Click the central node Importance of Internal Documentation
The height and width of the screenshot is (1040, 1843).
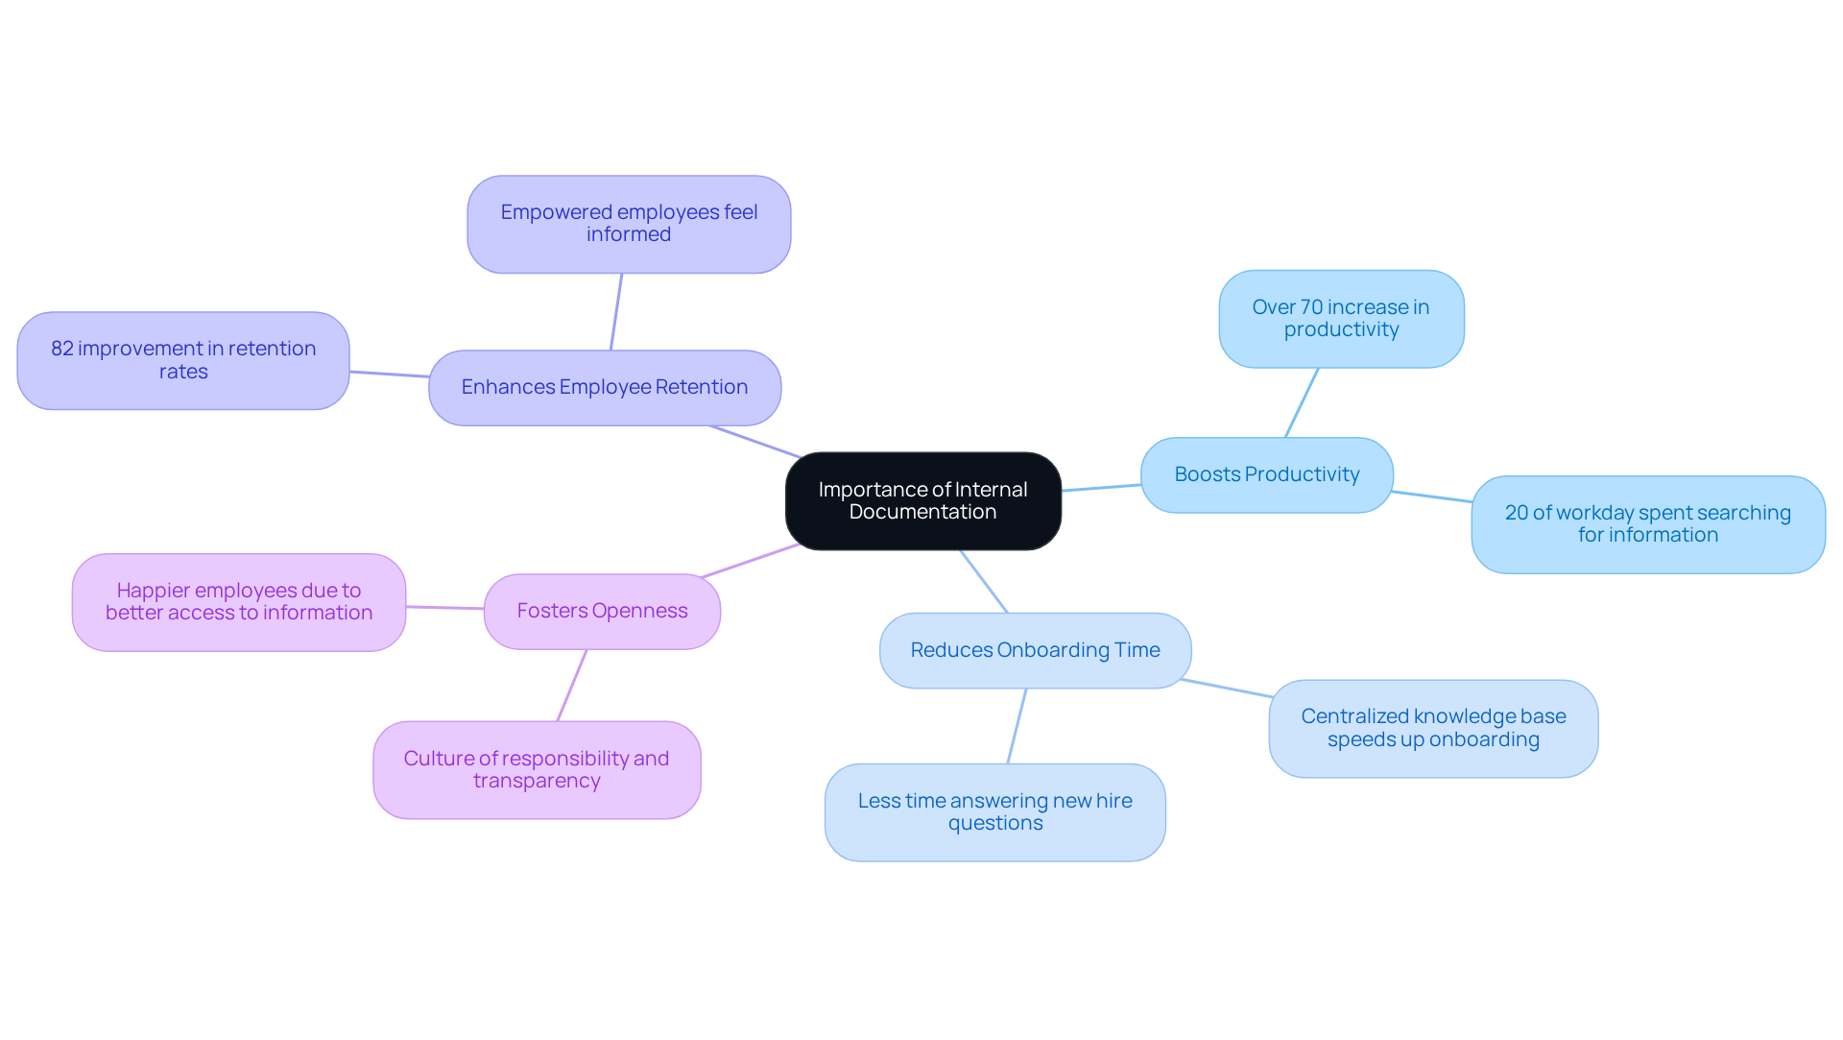point(922,500)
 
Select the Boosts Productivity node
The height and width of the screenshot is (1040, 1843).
point(1266,474)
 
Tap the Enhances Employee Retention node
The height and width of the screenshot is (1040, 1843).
point(604,387)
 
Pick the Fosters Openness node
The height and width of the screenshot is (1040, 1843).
point(602,611)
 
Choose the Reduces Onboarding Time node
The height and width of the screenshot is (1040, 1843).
point(1035,650)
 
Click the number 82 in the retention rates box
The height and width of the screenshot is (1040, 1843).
point(62,349)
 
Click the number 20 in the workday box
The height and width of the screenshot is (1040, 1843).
point(1516,513)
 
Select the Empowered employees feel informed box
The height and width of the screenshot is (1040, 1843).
point(629,224)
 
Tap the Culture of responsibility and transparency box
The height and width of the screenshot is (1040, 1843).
point(537,769)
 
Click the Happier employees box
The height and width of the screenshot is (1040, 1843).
point(238,602)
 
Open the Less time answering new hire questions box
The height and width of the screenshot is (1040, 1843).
point(994,811)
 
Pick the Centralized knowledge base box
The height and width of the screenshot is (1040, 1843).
point(1432,728)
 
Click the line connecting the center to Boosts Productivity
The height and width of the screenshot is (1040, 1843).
point(1101,488)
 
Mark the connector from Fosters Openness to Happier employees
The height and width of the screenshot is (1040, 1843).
point(444,607)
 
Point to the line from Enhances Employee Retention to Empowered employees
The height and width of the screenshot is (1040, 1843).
point(616,312)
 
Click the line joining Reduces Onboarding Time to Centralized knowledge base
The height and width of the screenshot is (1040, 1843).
point(1227,688)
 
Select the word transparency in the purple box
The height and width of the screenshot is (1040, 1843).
point(537,781)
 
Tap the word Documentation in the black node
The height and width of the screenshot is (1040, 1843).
point(922,512)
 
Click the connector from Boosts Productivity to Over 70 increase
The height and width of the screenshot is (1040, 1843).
point(1302,402)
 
